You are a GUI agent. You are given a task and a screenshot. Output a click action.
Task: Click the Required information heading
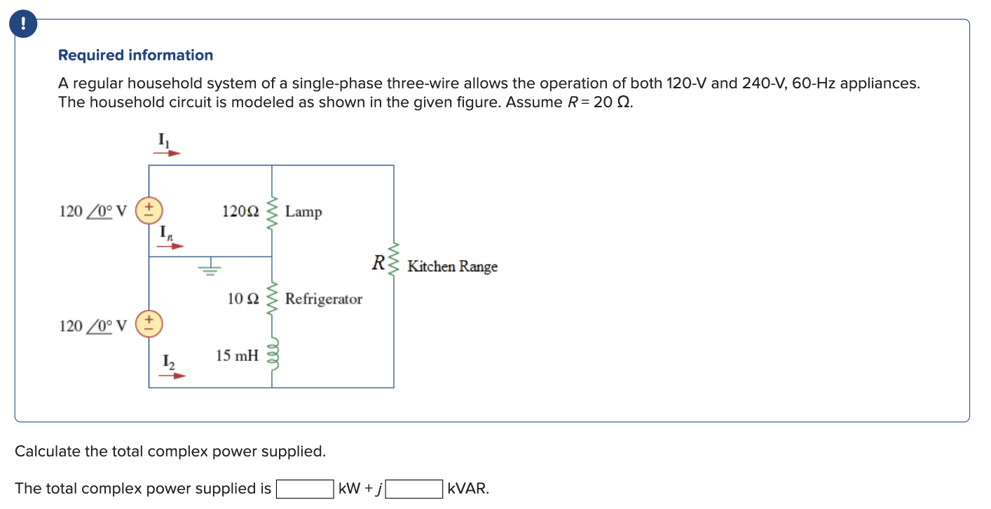(x=135, y=55)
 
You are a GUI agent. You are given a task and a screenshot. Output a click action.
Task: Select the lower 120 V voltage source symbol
(x=149, y=325)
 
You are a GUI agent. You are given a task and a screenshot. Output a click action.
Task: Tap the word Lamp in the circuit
(x=303, y=212)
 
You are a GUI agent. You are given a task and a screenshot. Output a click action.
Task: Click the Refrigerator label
(x=323, y=299)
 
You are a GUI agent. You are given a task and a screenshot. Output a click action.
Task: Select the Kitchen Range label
(x=452, y=266)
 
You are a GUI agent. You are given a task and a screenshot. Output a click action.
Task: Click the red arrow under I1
(x=168, y=152)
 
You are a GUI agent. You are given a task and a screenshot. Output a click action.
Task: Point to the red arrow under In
(x=170, y=246)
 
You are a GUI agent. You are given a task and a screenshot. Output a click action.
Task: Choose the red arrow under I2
(x=172, y=376)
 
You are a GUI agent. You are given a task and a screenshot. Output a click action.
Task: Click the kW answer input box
(x=305, y=489)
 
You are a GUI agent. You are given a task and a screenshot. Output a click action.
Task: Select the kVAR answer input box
(x=414, y=489)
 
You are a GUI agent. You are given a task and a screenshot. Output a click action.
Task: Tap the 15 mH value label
(x=237, y=356)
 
